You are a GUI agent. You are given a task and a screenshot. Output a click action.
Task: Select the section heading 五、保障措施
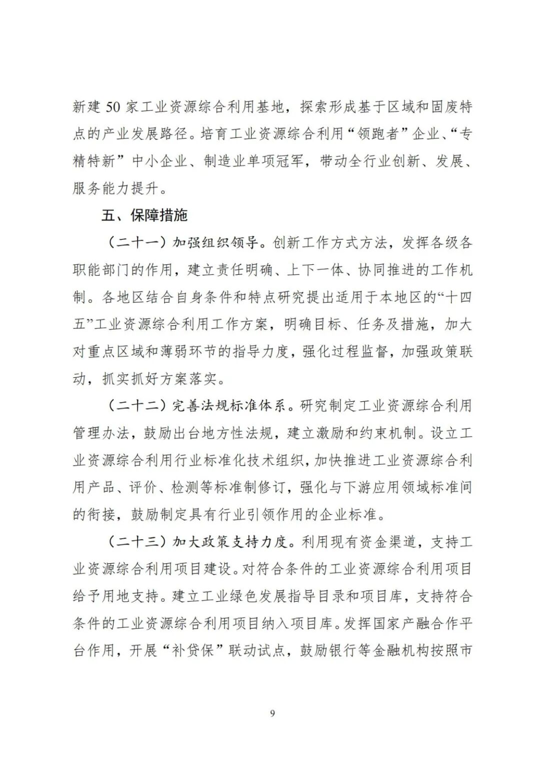pos(144,216)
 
